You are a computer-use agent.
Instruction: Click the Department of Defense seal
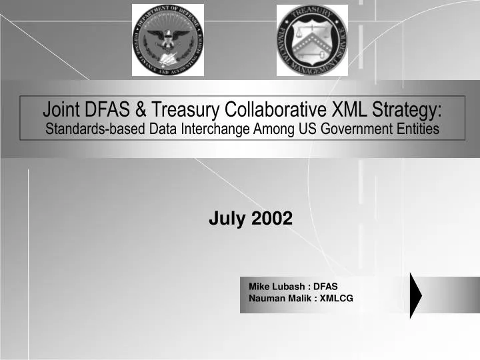168,40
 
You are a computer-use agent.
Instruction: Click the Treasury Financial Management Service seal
312,40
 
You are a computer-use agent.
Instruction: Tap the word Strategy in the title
407,109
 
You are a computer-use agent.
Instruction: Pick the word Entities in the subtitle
419,129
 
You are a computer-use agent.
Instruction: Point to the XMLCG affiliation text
336,297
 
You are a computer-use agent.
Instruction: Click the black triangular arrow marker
415,295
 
